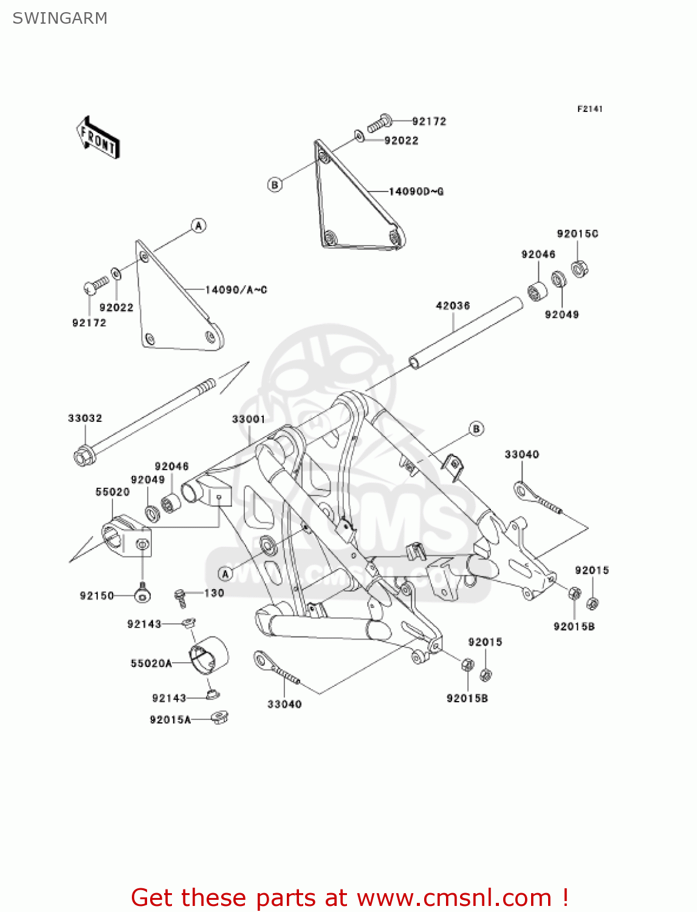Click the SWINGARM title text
pyautogui.click(x=60, y=18)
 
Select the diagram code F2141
pyautogui.click(x=589, y=109)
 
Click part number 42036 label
pyautogui.click(x=453, y=306)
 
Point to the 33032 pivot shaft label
pyautogui.click(x=85, y=418)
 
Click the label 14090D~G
pyautogui.click(x=416, y=192)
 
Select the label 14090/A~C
pyautogui.click(x=236, y=290)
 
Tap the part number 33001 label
pyautogui.click(x=249, y=420)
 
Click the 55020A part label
pyautogui.click(x=151, y=663)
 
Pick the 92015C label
pyautogui.click(x=577, y=234)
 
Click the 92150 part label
pyautogui.click(x=97, y=596)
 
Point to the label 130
pyautogui.click(x=214, y=593)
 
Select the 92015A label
pyautogui.click(x=170, y=720)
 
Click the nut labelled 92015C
pyautogui.click(x=580, y=268)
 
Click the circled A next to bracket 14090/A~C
pyautogui.click(x=199, y=226)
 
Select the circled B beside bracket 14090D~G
pyautogui.click(x=275, y=184)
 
